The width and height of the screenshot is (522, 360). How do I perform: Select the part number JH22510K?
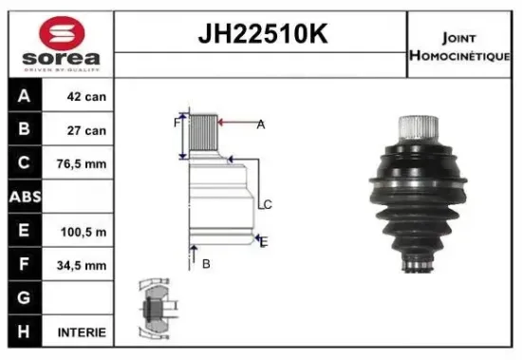pyautogui.click(x=260, y=34)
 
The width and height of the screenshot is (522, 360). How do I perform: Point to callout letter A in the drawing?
pyautogui.click(x=260, y=124)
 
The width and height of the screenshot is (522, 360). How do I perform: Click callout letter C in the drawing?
pyautogui.click(x=269, y=204)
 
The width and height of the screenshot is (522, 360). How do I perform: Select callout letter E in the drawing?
pyautogui.click(x=264, y=242)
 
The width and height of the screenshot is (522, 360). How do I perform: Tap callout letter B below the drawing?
pyautogui.click(x=205, y=264)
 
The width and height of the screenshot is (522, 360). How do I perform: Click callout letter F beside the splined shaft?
pyautogui.click(x=176, y=123)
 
